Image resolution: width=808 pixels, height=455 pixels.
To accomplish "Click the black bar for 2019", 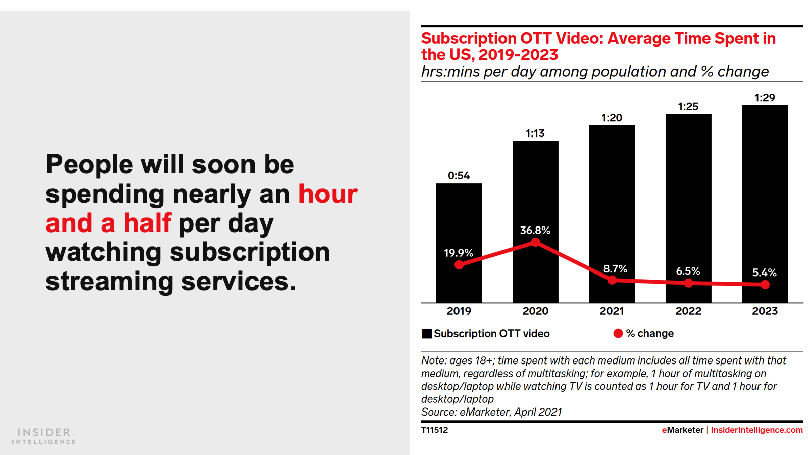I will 459,222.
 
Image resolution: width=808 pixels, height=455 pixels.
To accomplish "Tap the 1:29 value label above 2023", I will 765,98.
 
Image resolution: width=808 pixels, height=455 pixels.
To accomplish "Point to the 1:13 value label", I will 535,133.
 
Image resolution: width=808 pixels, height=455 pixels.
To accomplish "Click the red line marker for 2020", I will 535,243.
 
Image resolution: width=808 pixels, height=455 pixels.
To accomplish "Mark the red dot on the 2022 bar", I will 688,283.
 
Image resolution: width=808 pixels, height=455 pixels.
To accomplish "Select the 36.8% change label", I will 535,231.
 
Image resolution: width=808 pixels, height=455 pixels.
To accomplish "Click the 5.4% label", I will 765,273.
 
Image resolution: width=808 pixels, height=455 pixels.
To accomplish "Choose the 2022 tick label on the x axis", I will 688,311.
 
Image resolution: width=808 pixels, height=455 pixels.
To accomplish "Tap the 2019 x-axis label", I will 459,311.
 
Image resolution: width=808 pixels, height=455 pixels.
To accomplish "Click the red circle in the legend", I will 618,333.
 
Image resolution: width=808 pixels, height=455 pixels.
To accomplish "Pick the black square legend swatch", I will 427,334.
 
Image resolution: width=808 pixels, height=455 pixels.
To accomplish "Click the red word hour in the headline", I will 328,194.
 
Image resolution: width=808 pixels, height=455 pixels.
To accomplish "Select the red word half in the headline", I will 147,223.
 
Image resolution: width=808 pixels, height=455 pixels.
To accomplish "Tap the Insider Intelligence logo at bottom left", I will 44,436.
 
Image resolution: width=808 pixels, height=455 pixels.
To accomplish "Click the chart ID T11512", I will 435,430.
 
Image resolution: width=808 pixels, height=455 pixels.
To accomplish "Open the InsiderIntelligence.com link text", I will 756,430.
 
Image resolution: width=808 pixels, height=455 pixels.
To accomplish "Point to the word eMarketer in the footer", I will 682,430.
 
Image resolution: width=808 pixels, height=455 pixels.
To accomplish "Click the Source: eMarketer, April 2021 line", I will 491,412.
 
